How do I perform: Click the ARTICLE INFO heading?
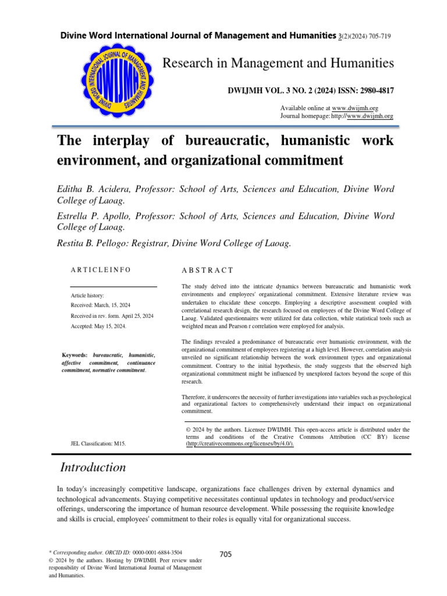pyautogui.click(x=101, y=270)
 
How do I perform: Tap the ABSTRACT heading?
pyautogui.click(x=207, y=270)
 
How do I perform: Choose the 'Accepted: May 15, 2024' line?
pyautogui.click(x=98, y=327)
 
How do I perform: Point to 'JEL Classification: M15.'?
pyautogui.click(x=98, y=444)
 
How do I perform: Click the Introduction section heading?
pyautogui.click(x=93, y=467)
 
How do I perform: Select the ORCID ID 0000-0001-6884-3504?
pyautogui.click(x=157, y=551)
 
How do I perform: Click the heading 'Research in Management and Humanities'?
pyautogui.click(x=278, y=62)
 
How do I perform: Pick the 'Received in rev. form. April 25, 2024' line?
pyautogui.click(x=112, y=315)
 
